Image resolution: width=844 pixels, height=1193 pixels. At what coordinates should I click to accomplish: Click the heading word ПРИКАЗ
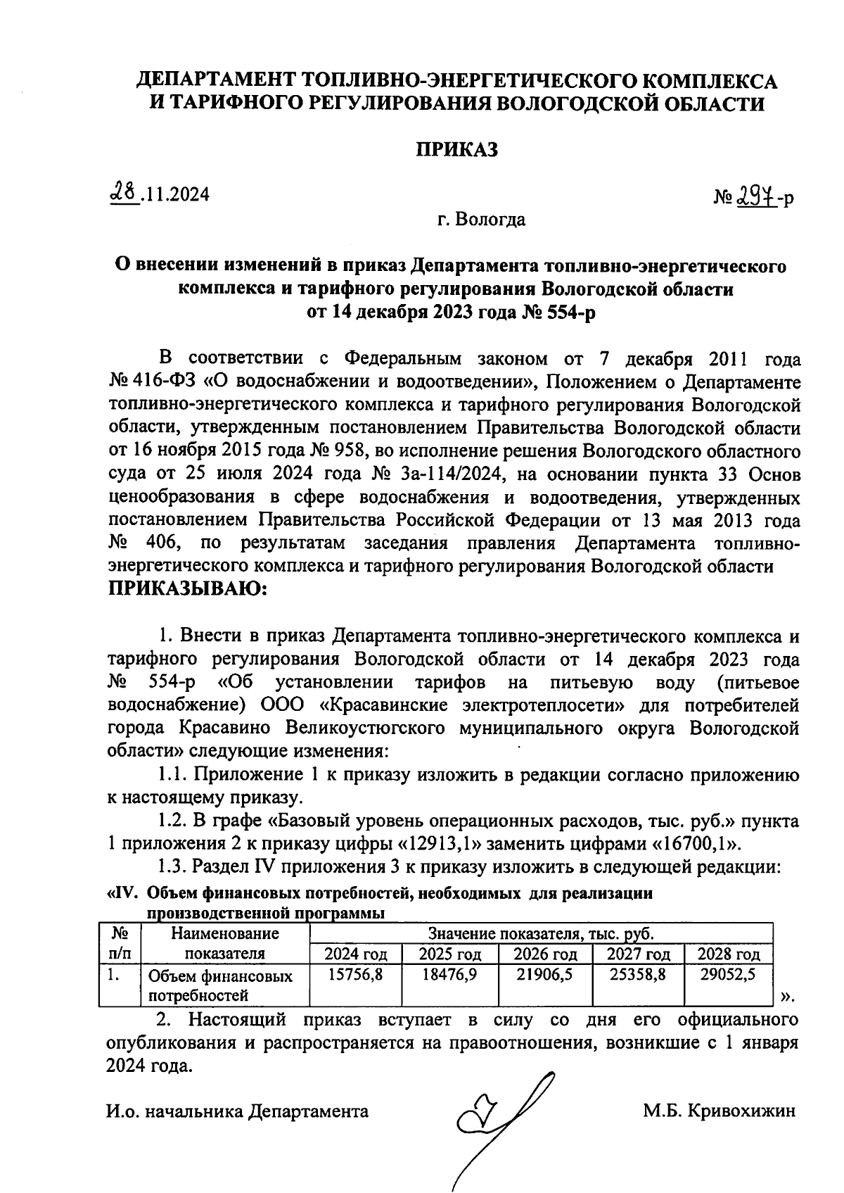pos(456,149)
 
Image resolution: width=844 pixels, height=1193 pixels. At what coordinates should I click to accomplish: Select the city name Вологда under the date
pos(490,220)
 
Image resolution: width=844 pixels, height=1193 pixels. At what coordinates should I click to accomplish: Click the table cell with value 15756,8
pos(355,976)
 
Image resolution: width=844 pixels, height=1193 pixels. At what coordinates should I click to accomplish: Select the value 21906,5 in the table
pos(545,976)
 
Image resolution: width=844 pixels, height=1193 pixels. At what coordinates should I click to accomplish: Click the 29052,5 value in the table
pos(729,976)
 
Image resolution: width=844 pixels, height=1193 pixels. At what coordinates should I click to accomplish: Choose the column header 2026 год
pos(545,955)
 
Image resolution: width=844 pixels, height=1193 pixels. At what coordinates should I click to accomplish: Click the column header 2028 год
pos(729,955)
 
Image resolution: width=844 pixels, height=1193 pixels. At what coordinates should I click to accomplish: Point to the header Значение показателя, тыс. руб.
pos(541,935)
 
